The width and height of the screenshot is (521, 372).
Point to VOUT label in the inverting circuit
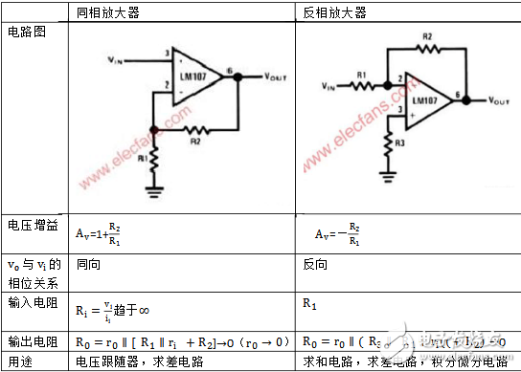(505, 98)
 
